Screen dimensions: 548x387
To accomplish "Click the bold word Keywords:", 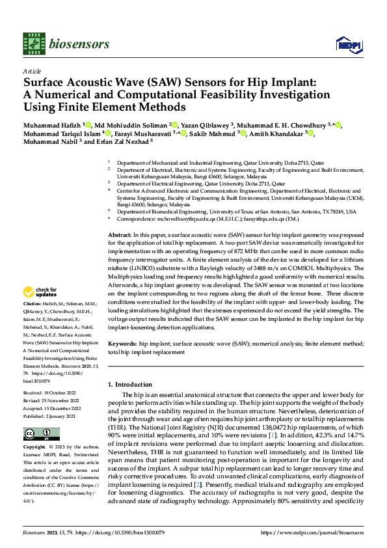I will [122, 343].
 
